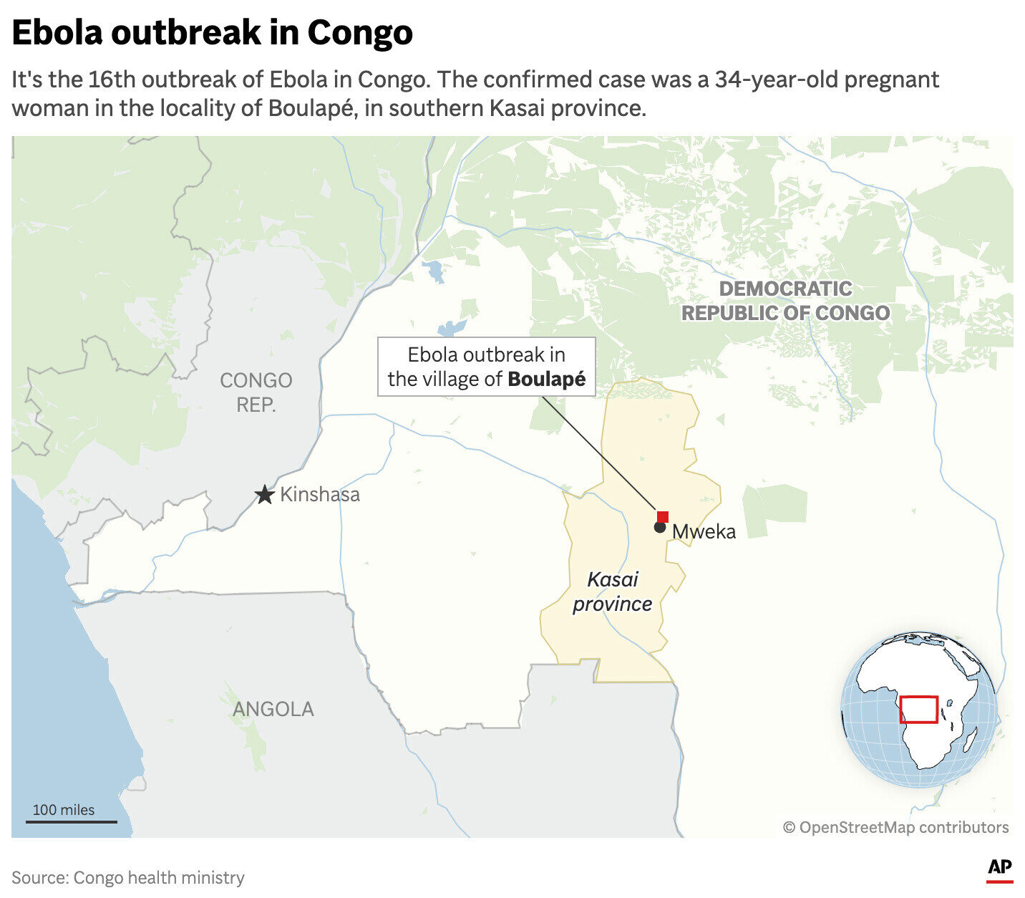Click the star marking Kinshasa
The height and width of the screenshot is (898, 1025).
[x=265, y=495]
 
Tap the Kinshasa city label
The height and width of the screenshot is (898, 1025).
[x=319, y=495]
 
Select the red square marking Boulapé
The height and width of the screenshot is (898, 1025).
[x=663, y=516]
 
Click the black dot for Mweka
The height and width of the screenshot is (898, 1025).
[x=659, y=528]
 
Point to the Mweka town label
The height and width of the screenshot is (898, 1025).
[x=704, y=531]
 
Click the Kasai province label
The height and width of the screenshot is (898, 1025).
[x=613, y=592]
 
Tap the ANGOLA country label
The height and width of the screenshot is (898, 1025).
[x=273, y=709]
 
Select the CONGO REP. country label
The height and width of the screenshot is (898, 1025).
[x=256, y=392]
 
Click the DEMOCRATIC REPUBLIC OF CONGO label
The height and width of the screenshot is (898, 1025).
[x=785, y=301]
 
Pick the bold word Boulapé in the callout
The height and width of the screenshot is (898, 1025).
[x=546, y=380]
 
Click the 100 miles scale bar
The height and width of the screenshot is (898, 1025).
[x=71, y=821]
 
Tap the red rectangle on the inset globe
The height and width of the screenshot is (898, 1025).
[x=918, y=709]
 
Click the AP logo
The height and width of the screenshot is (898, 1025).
[x=1000, y=869]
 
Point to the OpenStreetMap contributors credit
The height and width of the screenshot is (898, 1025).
[x=895, y=828]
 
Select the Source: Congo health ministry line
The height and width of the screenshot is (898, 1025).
[x=128, y=877]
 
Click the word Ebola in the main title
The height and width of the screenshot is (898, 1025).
[x=62, y=33]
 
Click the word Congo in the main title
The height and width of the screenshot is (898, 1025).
[x=360, y=33]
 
